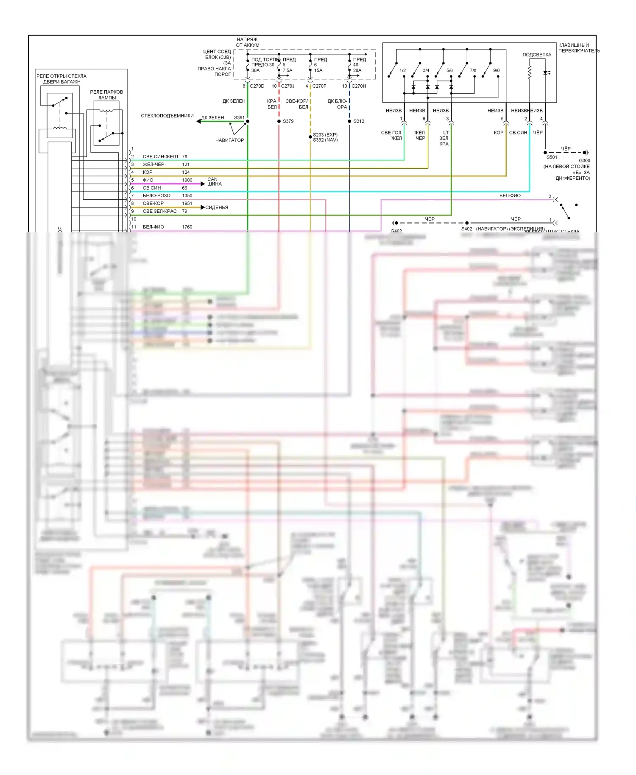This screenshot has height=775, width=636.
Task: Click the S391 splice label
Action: point(239,117)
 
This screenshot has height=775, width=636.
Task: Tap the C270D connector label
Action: point(257,86)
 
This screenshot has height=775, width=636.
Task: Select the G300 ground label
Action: point(584,161)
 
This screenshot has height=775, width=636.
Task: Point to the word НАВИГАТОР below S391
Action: point(229,140)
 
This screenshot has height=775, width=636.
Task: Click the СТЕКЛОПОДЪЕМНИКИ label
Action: point(167,116)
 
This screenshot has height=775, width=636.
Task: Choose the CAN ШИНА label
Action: point(214,181)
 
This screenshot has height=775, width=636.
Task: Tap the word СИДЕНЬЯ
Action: point(217,207)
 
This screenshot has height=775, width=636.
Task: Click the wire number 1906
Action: point(187,180)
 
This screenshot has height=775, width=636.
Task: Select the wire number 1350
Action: point(187,195)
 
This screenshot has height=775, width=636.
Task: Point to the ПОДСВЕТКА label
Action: point(537,55)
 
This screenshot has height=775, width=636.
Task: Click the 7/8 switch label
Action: point(473,70)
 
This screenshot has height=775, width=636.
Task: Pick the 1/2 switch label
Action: point(402,70)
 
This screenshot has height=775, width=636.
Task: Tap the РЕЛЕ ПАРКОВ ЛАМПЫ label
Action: point(106,95)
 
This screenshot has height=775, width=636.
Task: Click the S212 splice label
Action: point(359,121)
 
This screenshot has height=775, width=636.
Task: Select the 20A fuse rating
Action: point(357,70)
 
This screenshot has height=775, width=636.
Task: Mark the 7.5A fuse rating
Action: point(287,70)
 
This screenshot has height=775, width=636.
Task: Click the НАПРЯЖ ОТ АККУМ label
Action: point(248,42)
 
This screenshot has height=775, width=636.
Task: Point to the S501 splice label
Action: point(552,157)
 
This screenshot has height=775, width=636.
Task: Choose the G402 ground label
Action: point(396,231)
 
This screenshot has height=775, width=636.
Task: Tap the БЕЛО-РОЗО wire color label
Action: point(156,195)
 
